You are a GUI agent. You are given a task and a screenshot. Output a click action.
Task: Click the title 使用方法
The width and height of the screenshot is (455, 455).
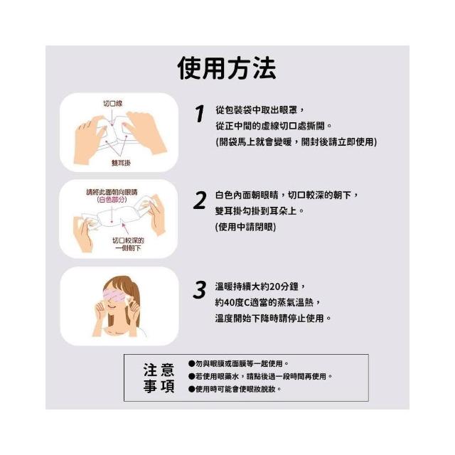point(227,68)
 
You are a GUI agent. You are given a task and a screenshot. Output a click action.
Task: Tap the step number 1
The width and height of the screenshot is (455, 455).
point(200,114)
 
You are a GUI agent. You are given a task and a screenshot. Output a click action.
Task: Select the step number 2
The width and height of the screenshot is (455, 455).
point(200,200)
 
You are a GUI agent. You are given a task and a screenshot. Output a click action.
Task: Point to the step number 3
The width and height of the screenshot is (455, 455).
point(200,289)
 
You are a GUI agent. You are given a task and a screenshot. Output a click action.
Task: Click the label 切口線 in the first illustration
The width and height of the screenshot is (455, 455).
point(113,103)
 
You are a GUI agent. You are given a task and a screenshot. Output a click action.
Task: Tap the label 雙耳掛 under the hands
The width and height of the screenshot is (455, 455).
point(121,163)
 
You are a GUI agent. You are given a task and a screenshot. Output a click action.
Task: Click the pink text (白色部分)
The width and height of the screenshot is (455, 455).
point(112,200)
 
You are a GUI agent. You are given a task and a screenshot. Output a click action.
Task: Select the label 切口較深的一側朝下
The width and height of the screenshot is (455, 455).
point(128,244)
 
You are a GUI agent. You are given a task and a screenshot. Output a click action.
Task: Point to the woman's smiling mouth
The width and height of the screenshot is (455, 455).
point(112,306)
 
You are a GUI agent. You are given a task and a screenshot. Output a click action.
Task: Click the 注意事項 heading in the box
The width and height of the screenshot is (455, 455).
point(159,378)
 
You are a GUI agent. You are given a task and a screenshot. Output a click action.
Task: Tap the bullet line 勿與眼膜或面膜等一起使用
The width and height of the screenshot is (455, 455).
point(239,363)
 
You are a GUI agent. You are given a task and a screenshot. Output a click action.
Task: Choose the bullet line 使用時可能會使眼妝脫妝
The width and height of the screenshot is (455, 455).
point(235,389)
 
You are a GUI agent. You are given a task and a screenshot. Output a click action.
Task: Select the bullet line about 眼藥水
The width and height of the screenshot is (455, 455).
point(260,376)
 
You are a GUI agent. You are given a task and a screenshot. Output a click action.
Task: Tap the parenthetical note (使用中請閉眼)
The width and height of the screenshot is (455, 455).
point(245,227)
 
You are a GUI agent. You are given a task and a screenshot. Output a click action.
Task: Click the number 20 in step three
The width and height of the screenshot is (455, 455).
point(274,287)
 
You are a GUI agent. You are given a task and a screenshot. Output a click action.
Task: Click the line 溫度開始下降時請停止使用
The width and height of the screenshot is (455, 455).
point(273,318)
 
